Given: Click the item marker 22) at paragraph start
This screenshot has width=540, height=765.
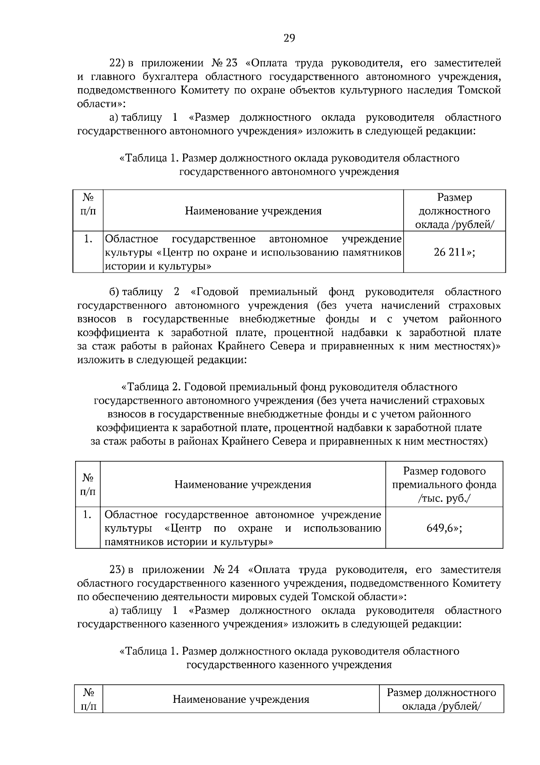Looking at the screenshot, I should click(120, 63).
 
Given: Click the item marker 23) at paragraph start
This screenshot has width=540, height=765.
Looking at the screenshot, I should click(120, 569).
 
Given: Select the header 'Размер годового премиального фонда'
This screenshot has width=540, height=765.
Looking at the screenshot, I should click(444, 478).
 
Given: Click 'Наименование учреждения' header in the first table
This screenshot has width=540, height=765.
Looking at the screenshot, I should click(253, 211).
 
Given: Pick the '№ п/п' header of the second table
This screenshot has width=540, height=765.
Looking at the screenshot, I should click(88, 484).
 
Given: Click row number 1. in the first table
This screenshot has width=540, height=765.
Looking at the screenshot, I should click(88, 239).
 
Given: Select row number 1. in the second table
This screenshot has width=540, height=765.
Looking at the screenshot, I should click(88, 514).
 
